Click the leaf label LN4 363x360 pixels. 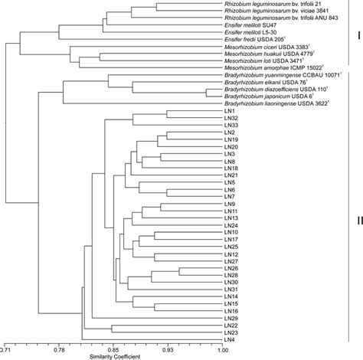click(231, 339)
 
